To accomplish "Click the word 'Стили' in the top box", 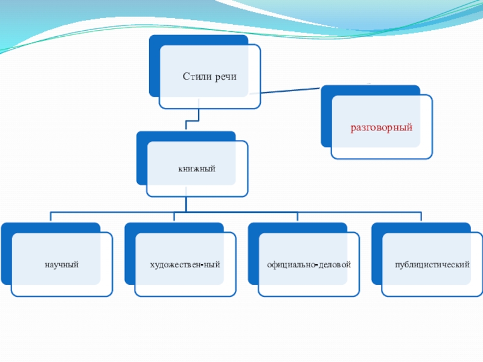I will click(x=196, y=77).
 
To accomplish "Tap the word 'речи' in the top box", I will click(x=224, y=77).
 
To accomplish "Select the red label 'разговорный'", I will click(x=382, y=129).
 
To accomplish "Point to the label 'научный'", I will click(x=61, y=265).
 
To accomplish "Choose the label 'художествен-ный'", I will click(x=185, y=265).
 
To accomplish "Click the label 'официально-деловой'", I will click(x=309, y=265).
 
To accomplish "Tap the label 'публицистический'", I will click(x=432, y=265).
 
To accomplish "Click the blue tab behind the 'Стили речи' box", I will click(x=154, y=66).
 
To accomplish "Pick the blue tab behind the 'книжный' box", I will click(x=141, y=160).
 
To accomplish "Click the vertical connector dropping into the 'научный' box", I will click(x=51, y=217).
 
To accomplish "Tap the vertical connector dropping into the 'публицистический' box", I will click(x=421, y=217).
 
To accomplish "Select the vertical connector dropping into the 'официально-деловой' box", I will click(x=297, y=217).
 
